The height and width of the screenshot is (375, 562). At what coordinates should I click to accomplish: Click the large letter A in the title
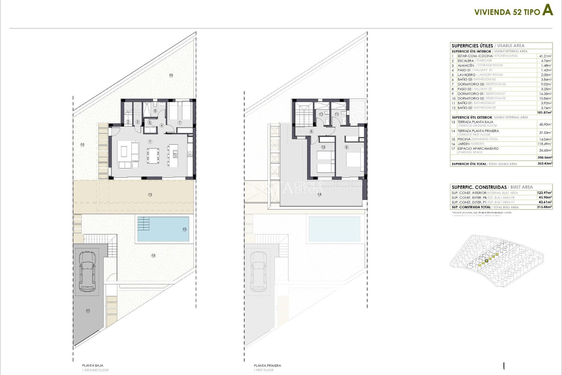point(547,11)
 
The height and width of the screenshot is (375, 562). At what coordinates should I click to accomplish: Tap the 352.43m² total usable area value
point(545,164)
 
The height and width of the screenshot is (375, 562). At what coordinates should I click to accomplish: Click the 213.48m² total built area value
point(544,207)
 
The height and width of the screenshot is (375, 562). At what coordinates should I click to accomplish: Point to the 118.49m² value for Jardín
point(545,144)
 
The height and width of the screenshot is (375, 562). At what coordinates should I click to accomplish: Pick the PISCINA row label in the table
point(464,139)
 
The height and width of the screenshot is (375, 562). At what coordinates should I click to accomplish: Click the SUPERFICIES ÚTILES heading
point(472,46)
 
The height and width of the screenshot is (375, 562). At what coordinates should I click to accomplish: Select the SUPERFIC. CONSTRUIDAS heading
point(479,187)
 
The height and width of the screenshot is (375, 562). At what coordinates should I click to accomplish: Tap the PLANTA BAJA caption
point(92,365)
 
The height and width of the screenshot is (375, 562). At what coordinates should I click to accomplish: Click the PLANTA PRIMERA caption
point(267,365)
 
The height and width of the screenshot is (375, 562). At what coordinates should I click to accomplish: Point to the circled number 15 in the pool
point(184,229)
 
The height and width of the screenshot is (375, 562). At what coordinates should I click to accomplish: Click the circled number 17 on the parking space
point(88,311)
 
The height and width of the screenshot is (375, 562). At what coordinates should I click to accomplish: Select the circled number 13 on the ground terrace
point(150,195)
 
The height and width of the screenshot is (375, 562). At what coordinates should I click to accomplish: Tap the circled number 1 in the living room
point(150,142)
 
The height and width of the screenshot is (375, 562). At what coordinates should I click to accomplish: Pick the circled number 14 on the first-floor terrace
point(319,194)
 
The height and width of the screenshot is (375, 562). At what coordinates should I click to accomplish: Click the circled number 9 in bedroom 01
point(347,147)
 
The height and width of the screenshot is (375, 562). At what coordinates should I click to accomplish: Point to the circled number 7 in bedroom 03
point(179,122)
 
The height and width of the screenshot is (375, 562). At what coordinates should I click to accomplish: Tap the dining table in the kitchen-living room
point(153,156)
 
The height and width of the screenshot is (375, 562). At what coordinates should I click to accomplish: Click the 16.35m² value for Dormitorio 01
point(546,94)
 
